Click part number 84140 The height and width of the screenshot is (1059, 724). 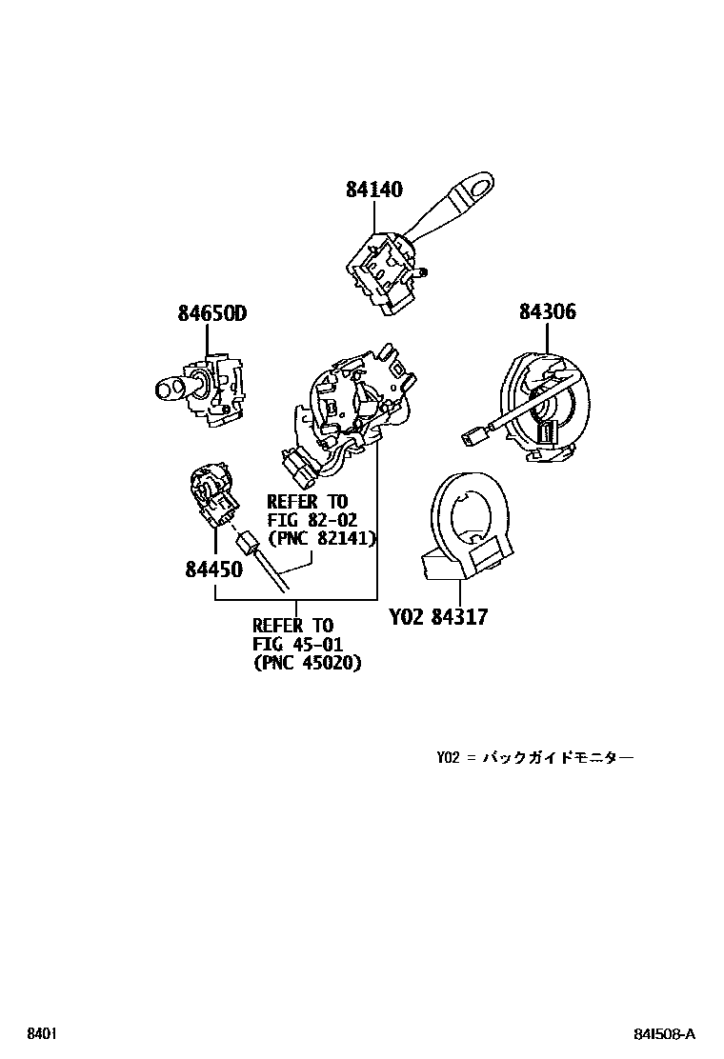click(374, 190)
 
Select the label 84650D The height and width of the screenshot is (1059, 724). click(212, 313)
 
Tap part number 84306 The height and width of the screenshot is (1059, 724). click(548, 311)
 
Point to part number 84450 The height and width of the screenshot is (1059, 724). click(214, 569)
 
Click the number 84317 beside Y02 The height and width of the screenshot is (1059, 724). click(459, 616)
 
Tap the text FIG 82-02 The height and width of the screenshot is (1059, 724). click(312, 521)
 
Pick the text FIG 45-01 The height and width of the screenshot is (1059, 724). click(298, 645)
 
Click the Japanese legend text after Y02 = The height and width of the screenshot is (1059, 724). click(558, 758)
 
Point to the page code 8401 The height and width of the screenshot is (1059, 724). click(41, 1034)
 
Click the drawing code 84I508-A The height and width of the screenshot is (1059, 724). click(665, 1034)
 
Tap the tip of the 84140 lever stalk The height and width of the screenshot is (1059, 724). click(484, 182)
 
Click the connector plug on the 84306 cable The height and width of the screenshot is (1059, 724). click(470, 438)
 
